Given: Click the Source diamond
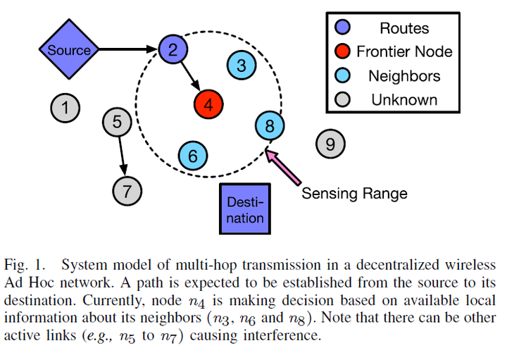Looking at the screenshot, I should pyautogui.click(x=69, y=50).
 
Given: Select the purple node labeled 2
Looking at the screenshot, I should pyautogui.click(x=173, y=49).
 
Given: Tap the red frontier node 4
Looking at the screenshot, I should pyautogui.click(x=209, y=105).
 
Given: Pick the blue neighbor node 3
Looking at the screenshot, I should pyautogui.click(x=242, y=66).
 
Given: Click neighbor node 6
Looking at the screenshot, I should pyautogui.click(x=194, y=155).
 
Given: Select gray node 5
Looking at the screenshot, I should pyautogui.click(x=117, y=122).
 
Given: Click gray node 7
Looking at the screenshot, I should pyautogui.click(x=127, y=190).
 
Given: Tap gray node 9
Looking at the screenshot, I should pyautogui.click(x=330, y=144).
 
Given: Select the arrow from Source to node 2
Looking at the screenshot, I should pyautogui.click(x=127, y=49).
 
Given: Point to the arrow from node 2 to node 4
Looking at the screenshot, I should pyautogui.click(x=190, y=77).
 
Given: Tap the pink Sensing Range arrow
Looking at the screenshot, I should pyautogui.click(x=283, y=161).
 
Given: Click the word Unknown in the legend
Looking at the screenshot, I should pyautogui.click(x=404, y=99).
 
